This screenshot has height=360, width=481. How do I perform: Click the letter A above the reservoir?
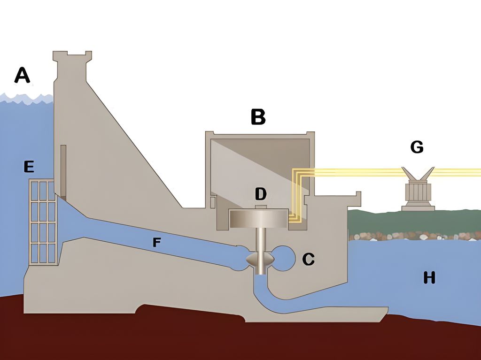pyautogui.click(x=22, y=75)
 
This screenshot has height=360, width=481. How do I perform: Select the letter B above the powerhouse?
pyautogui.click(x=258, y=117)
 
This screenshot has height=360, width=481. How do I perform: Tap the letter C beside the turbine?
pyautogui.click(x=308, y=259)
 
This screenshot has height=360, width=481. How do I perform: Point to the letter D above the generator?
pyautogui.click(x=261, y=193)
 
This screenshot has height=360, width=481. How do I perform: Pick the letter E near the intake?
pyautogui.click(x=30, y=166)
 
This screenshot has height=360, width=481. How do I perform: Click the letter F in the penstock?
pyautogui.click(x=156, y=242)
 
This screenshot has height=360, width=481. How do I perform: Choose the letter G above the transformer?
pyautogui.click(x=417, y=147)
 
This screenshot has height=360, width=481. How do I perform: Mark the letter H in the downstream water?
pyautogui.click(x=429, y=278)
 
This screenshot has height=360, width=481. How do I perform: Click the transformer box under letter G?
pyautogui.click(x=418, y=193)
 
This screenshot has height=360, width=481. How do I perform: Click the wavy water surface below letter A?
pyautogui.click(x=26, y=99)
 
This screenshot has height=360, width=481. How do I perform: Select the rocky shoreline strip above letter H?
pyautogui.click(x=413, y=236)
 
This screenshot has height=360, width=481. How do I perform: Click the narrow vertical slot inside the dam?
pyautogui.click(x=63, y=169)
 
